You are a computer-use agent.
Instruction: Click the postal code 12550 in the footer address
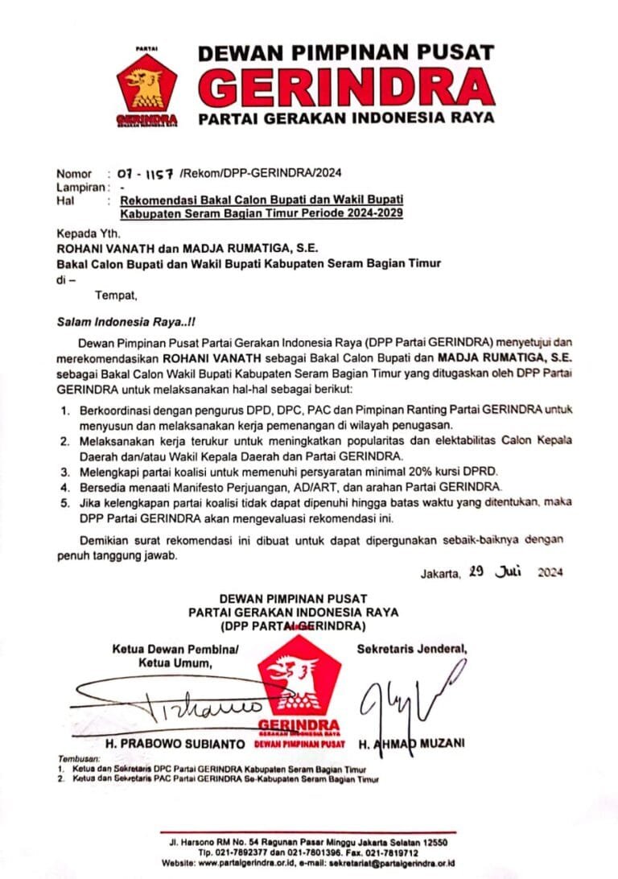click(x=434, y=843)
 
